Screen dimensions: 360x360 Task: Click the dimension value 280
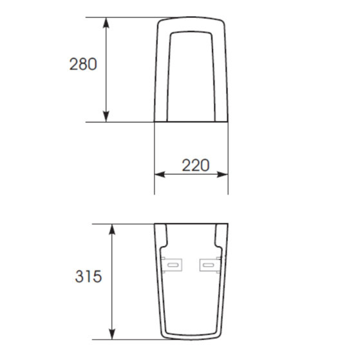[83, 64]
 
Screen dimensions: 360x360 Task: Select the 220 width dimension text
[196, 165]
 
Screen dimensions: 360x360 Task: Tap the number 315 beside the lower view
[88, 276]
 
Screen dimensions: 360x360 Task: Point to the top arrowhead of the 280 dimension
[106, 23]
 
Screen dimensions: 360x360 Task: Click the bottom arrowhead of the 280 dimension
[106, 117]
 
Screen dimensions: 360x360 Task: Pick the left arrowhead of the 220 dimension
[160, 175]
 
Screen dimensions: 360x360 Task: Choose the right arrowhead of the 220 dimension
[222, 175]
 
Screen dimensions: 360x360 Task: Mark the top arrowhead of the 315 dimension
[112, 230]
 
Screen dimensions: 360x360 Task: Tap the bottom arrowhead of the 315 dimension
[112, 334]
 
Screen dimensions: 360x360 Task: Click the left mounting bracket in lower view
[172, 265]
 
